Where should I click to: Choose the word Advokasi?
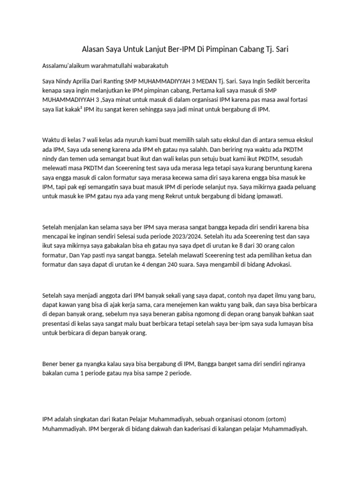pyautogui.click(x=277, y=265)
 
